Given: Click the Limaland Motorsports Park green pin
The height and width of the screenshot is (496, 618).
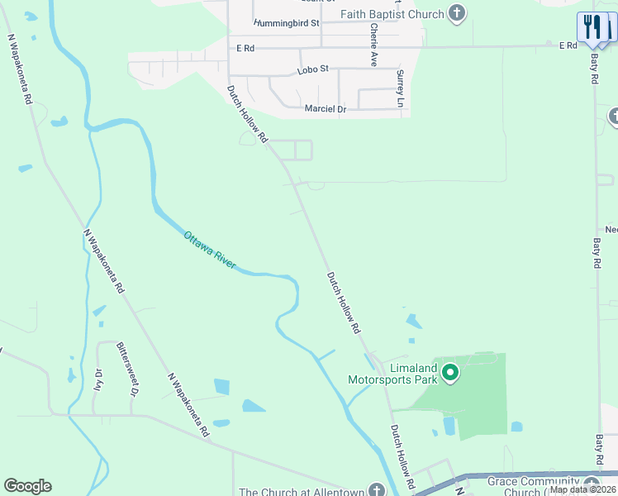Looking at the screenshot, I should (x=450, y=373).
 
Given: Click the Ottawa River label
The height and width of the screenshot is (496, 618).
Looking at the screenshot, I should (x=210, y=249).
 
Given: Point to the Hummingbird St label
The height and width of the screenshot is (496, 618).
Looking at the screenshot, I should (x=287, y=23).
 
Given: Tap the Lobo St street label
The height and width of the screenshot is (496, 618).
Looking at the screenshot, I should (x=313, y=69).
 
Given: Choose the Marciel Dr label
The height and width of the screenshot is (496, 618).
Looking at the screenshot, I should (x=325, y=109).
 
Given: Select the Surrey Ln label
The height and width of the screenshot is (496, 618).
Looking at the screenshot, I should (x=400, y=88).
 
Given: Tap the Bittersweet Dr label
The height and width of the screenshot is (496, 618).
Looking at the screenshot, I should (x=126, y=368).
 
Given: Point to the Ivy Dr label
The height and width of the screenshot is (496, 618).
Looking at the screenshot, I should (x=98, y=378).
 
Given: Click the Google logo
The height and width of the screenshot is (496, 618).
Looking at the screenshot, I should (x=27, y=486).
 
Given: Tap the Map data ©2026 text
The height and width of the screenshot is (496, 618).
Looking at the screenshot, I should (x=582, y=489).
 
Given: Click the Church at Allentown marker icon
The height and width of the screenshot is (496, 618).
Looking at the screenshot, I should (x=377, y=491).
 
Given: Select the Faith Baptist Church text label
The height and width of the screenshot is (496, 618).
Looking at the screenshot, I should (x=392, y=14).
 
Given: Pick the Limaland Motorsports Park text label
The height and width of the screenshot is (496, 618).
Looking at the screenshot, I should (x=392, y=374).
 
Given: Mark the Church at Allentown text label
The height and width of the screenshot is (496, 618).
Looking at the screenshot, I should (x=301, y=491).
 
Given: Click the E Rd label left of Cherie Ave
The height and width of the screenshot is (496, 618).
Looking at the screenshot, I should (x=245, y=49).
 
